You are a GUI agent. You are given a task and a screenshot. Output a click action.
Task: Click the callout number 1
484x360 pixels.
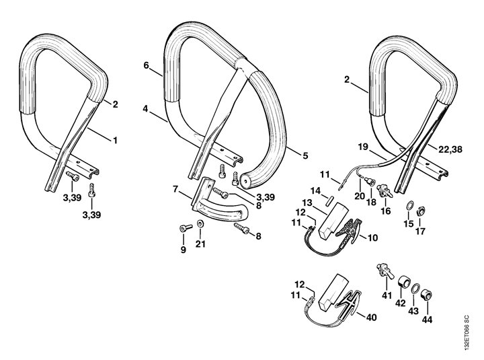tap(115, 140)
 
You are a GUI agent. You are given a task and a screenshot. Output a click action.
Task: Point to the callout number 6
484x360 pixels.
tap(145, 65)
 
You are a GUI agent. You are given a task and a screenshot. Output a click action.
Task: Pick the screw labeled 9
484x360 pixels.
tap(184, 231)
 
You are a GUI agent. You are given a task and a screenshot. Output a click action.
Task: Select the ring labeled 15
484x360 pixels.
tap(411, 205)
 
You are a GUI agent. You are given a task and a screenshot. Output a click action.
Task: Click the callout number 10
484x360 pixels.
tap(372, 237)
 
